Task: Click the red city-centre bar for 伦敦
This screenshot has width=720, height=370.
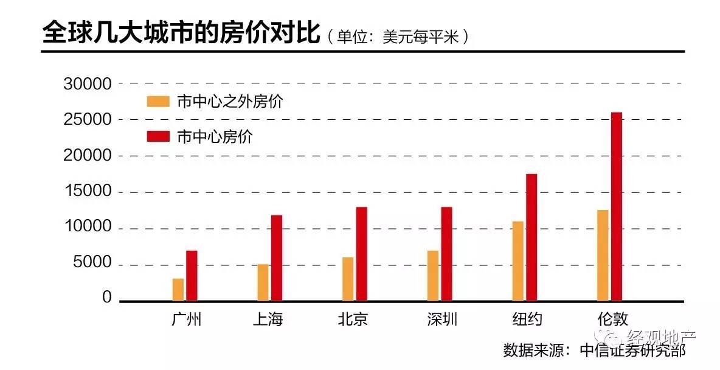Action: point(617,206)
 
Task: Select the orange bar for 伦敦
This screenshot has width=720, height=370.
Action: point(603,255)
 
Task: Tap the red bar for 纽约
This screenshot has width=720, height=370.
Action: point(531,237)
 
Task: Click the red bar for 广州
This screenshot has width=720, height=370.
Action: point(192,275)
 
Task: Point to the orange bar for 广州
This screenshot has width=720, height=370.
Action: point(178,289)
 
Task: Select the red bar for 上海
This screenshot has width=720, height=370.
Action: point(277,257)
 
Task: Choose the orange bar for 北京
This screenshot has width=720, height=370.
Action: point(348,279)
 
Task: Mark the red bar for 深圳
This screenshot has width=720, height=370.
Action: point(446,254)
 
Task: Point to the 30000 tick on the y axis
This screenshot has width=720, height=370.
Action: point(88,84)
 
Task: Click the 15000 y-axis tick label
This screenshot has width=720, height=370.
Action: point(88,191)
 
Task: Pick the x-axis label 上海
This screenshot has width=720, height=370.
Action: point(268,319)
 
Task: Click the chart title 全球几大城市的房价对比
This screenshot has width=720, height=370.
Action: point(181,34)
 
